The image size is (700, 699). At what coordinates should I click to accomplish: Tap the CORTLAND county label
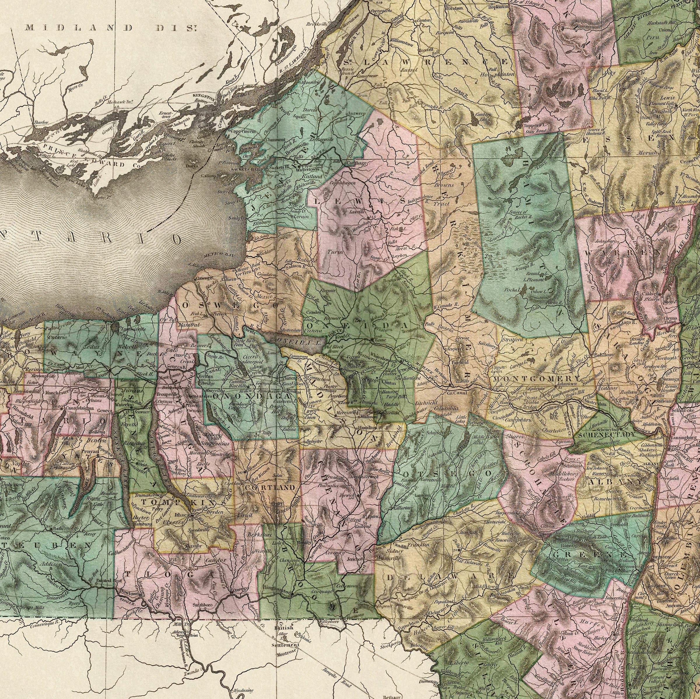click(270, 488)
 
